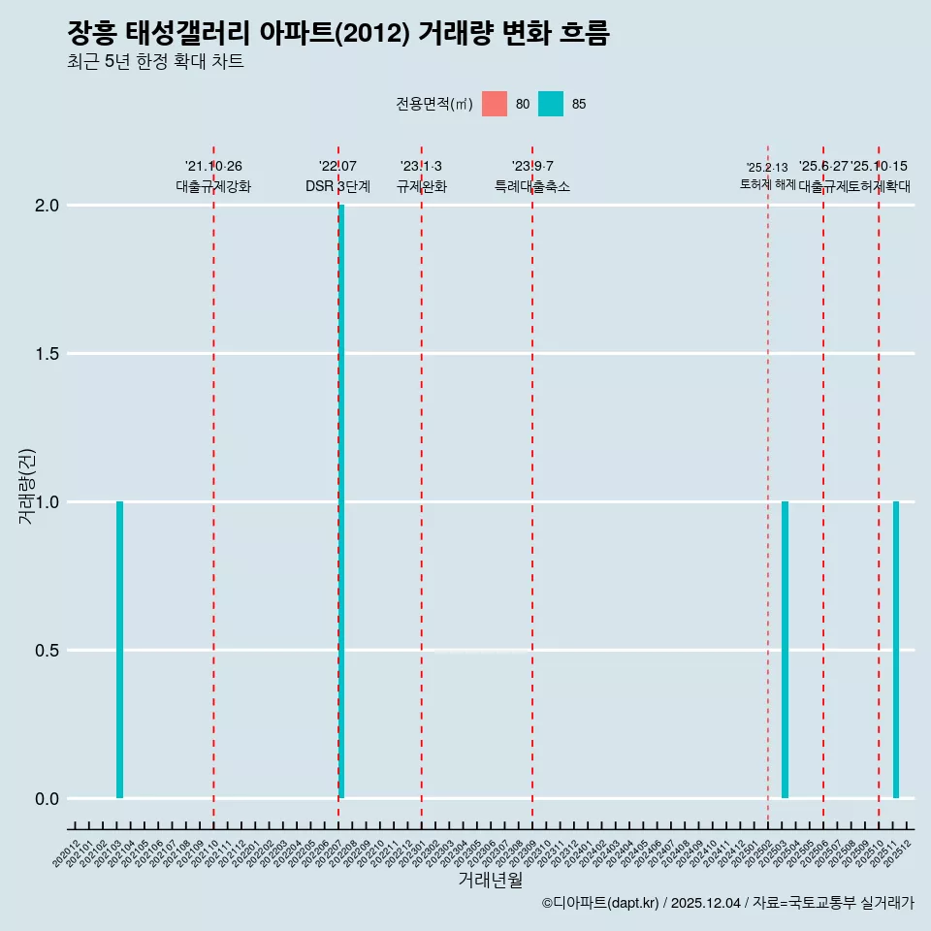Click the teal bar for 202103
119,650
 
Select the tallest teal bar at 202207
341,501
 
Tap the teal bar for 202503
785,650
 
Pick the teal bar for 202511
896,650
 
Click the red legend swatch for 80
495,104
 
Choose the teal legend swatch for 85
551,104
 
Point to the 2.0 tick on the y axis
48,206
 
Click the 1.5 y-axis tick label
48,354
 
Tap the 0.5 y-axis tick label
48,651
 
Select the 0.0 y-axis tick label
48,799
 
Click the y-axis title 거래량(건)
27,487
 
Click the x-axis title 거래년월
490,881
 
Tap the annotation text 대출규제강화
213,186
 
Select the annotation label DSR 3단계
337,186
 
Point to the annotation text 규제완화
421,186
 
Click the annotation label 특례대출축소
531,186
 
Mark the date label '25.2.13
767,167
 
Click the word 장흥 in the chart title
91,34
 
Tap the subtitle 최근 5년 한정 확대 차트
155,62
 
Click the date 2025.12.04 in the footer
705,904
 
